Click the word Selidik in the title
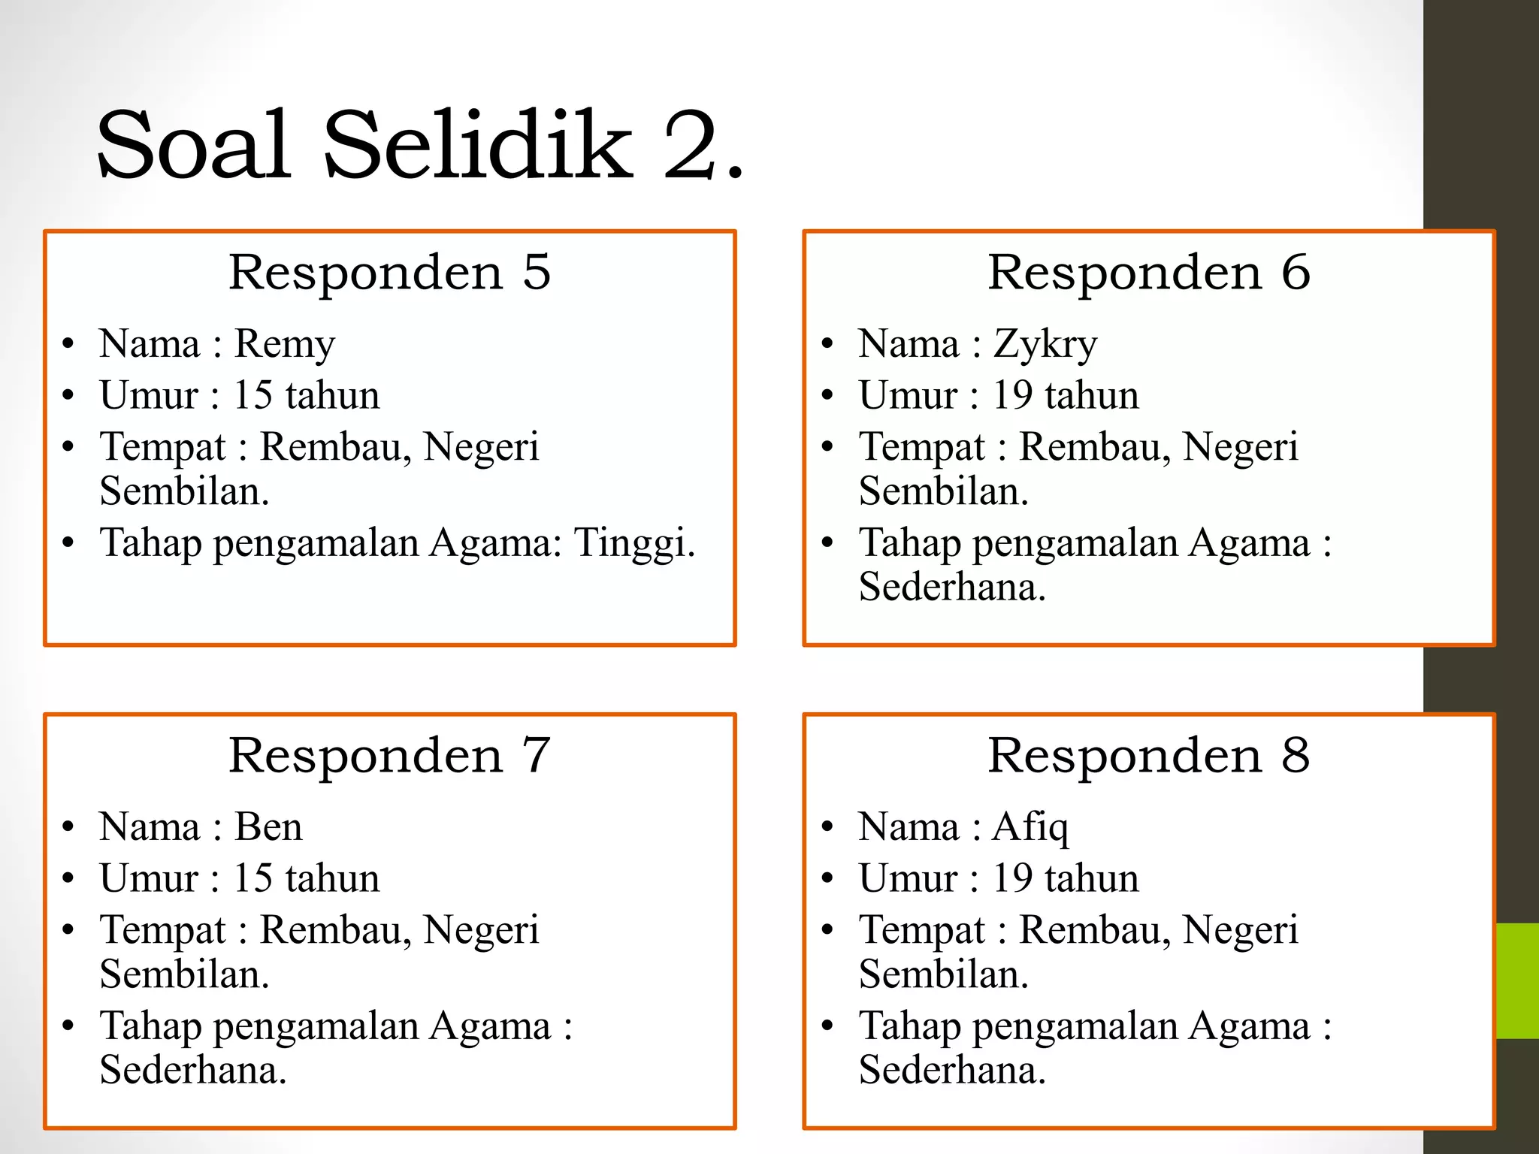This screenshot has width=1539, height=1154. [478, 144]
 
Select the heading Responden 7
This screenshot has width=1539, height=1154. [389, 755]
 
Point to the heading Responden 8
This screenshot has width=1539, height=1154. [1148, 755]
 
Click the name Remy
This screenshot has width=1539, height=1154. [284, 345]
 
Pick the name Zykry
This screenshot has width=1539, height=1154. [1045, 345]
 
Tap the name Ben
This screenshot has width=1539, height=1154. [268, 827]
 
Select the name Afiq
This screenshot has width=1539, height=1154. [1030, 828]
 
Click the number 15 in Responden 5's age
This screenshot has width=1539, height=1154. [253, 395]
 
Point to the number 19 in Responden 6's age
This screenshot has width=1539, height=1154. [1013, 395]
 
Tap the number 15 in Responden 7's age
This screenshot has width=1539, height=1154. [253, 878]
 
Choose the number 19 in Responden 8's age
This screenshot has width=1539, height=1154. [1013, 878]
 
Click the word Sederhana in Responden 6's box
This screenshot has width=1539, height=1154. [951, 587]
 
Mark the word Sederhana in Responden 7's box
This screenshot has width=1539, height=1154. [192, 1070]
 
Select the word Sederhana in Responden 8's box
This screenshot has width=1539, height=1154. [951, 1070]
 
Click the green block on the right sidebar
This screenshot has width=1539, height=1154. [1517, 980]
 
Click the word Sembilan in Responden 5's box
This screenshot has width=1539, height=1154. [184, 491]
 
